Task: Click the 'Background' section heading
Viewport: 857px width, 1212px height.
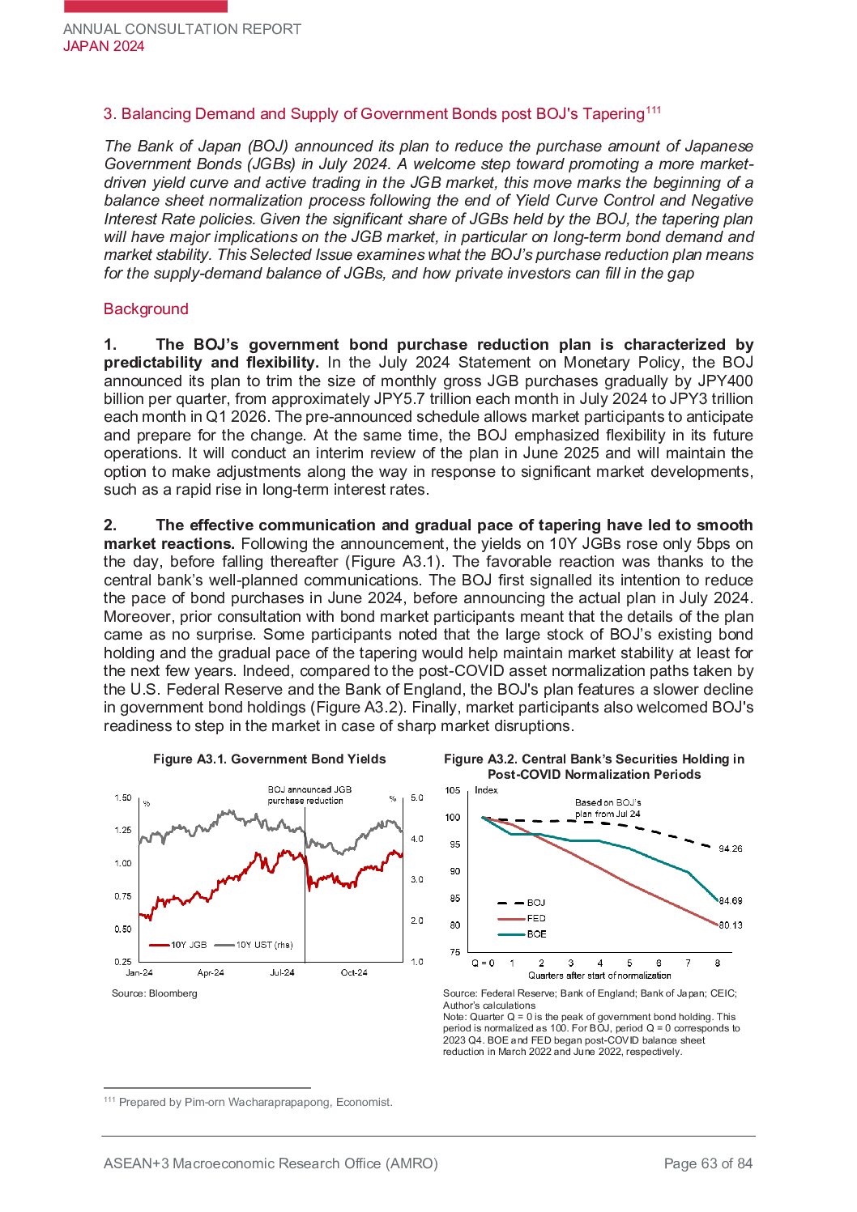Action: coord(146,308)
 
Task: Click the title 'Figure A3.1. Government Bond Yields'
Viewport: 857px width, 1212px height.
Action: coord(270,759)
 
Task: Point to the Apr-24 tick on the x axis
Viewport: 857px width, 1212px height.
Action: coord(211,972)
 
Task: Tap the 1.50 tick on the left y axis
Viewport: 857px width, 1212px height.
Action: coord(122,797)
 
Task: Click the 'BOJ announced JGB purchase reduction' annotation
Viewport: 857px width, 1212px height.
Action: coord(309,794)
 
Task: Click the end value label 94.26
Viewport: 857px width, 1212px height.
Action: coord(731,848)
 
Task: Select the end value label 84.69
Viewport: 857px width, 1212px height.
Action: coord(731,900)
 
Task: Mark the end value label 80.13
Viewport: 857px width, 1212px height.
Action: coord(731,925)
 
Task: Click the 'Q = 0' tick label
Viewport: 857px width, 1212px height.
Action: coord(483,963)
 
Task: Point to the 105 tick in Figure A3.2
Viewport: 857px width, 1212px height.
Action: coord(453,790)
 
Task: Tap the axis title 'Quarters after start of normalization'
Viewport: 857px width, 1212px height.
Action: coord(599,976)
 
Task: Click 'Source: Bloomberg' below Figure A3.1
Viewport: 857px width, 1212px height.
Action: coord(155,993)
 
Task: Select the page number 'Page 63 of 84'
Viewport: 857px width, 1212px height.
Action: coord(708,1163)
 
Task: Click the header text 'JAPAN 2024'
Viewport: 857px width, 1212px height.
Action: coord(104,46)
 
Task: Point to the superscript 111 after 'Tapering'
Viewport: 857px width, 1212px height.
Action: coord(653,110)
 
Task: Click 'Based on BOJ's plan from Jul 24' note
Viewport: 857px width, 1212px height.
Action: coord(608,808)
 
